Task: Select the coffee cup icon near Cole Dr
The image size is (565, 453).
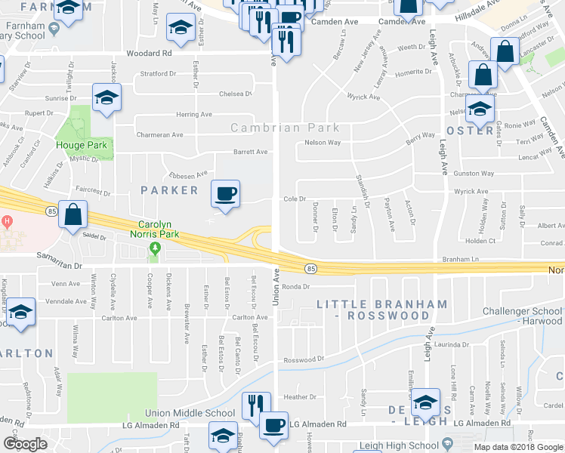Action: point(225,194)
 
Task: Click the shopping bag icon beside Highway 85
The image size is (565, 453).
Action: point(73,215)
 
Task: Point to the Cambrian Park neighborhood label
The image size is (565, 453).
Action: point(285,128)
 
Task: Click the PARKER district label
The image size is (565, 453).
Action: point(169,190)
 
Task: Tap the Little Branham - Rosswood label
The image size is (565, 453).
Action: point(381,310)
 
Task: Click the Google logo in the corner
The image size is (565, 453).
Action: point(25,444)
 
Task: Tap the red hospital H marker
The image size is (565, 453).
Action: point(5,222)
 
